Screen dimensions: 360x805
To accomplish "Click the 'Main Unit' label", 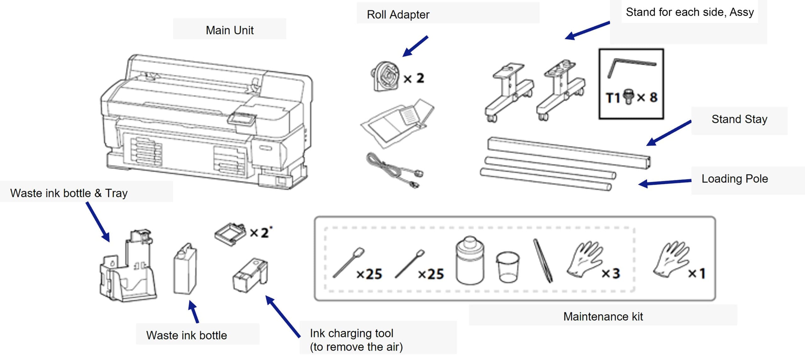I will [x=230, y=30].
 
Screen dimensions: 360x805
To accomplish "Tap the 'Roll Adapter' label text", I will [x=398, y=14].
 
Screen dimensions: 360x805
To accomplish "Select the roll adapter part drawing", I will [x=386, y=76].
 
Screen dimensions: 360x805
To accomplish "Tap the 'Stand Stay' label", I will [x=739, y=119].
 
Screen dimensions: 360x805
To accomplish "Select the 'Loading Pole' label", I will [x=735, y=179].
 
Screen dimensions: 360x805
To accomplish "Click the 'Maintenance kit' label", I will [x=603, y=316].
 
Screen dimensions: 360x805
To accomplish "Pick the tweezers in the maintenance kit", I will [x=543, y=261].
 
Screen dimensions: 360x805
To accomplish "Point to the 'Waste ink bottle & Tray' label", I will [x=69, y=193].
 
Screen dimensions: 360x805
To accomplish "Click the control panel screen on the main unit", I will [x=242, y=119].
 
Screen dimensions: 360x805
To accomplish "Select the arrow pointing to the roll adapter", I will [x=415, y=47].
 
